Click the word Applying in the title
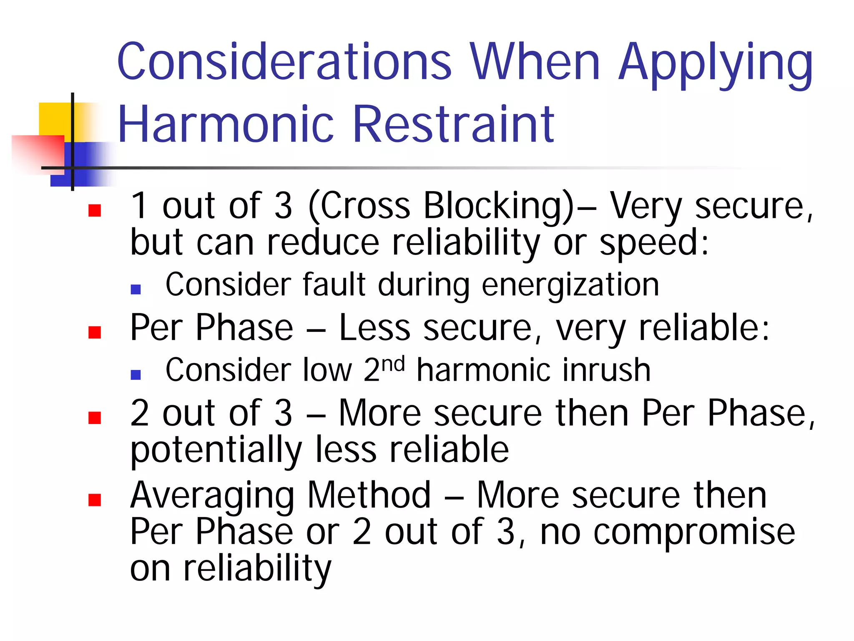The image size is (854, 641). point(715,65)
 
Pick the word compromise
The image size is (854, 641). point(694,533)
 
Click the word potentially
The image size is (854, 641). point(216,451)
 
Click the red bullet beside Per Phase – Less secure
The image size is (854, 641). point(95,332)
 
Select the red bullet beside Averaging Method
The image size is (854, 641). point(95,500)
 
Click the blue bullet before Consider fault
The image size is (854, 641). point(136,289)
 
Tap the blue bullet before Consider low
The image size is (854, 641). point(136,374)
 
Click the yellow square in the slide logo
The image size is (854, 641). point(54,119)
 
